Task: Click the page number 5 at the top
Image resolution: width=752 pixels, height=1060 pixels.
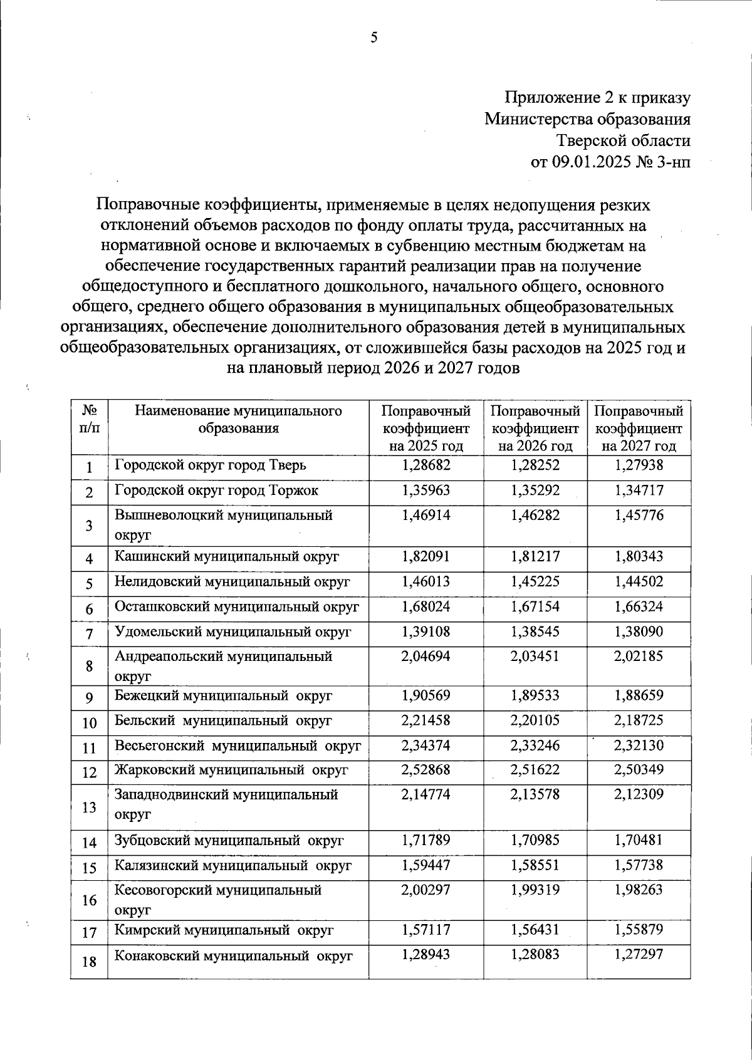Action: (374, 39)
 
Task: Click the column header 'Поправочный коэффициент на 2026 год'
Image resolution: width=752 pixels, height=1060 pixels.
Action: (535, 429)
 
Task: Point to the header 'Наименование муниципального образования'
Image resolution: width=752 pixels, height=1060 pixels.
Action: (238, 420)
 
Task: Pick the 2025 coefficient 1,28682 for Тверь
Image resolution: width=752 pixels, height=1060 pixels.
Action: (426, 465)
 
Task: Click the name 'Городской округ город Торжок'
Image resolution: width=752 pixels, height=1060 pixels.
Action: (217, 491)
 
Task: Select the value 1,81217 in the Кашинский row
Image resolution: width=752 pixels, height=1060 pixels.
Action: (535, 556)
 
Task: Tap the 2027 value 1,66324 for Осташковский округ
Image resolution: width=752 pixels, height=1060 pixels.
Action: (639, 606)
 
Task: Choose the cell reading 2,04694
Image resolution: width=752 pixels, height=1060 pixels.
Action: (426, 657)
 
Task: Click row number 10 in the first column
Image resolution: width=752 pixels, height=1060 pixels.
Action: (89, 723)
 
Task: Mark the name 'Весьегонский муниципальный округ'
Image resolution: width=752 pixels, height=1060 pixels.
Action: (238, 746)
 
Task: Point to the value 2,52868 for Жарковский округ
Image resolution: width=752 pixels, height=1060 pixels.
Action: (426, 769)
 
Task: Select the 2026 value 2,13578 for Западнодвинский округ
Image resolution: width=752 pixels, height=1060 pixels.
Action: (535, 794)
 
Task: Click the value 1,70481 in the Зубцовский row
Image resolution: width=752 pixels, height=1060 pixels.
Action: (639, 840)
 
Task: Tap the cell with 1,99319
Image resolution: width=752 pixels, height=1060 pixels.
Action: (535, 890)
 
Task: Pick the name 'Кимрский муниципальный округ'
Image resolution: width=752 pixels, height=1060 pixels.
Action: (224, 930)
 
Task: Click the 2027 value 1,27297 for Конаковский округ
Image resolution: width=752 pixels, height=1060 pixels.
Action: (639, 955)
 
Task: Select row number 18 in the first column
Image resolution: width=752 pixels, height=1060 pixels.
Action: (89, 961)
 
